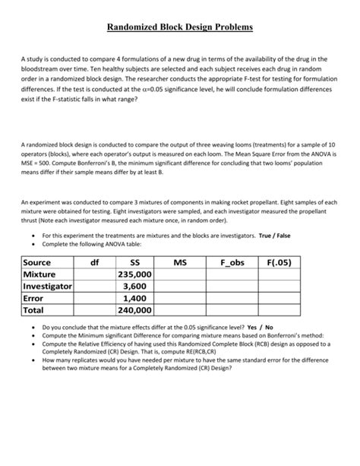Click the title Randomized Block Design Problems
(179, 27)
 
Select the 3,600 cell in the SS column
(135, 287)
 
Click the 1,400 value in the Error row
(135, 299)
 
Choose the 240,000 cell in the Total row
(135, 311)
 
